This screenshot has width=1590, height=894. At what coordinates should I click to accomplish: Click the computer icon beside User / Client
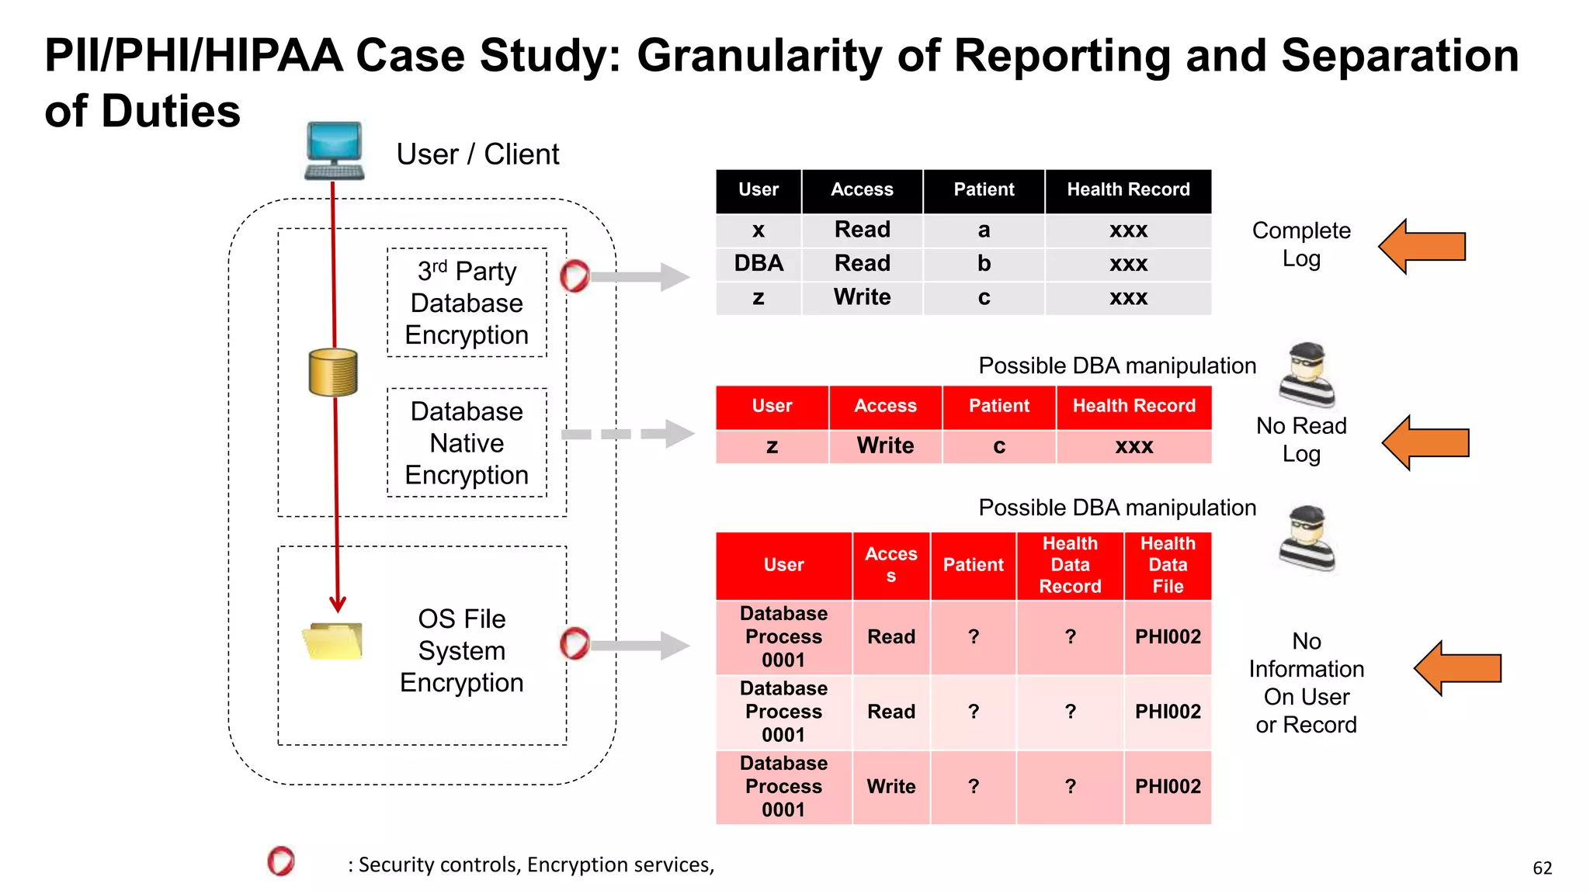pyautogui.click(x=334, y=151)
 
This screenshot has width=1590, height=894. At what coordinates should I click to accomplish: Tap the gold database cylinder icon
pyautogui.click(x=333, y=372)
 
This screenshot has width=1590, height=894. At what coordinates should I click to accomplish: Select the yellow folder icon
pyautogui.click(x=333, y=641)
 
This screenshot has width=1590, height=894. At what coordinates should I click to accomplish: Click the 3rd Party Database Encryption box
pyautogui.click(x=467, y=303)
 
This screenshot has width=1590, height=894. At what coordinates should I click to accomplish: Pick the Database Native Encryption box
pyautogui.click(x=467, y=442)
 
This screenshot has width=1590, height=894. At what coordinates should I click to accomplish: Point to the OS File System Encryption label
pyautogui.click(x=461, y=650)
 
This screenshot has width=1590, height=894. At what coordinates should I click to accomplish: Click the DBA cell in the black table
pyautogui.click(x=759, y=264)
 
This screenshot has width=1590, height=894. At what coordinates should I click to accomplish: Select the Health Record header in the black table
pyautogui.click(x=1127, y=190)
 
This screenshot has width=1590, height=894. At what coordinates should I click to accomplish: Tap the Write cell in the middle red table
pyautogui.click(x=885, y=446)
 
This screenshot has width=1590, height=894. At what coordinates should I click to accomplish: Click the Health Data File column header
pyautogui.click(x=1167, y=565)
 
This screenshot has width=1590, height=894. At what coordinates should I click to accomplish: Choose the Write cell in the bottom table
pyautogui.click(x=890, y=787)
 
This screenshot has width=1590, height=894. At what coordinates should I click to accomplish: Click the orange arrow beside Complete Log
pyautogui.click(x=1422, y=247)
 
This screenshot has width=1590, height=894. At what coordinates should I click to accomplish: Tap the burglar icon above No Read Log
pyautogui.click(x=1307, y=375)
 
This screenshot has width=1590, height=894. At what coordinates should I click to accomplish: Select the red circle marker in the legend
pyautogui.click(x=281, y=861)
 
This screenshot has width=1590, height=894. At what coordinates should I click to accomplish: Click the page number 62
pyautogui.click(x=1542, y=868)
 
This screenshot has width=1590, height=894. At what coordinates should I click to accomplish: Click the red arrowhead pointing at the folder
pyautogui.click(x=337, y=603)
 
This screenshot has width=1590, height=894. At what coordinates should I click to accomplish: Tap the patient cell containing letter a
pyautogui.click(x=984, y=230)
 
